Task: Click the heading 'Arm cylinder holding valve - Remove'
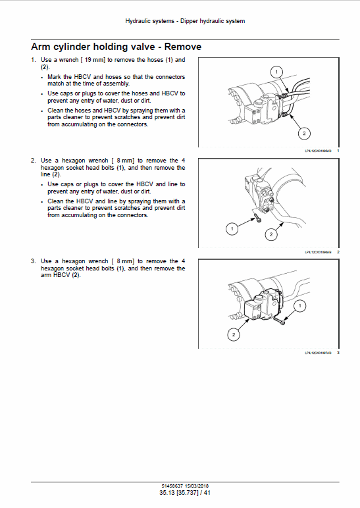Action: (116, 47)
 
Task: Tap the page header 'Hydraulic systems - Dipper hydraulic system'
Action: (185, 21)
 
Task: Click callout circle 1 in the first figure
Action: (276, 71)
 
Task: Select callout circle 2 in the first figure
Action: (303, 134)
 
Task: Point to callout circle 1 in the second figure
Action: (232, 229)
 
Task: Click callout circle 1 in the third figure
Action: (299, 306)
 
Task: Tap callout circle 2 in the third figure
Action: (232, 335)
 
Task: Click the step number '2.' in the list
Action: (34, 161)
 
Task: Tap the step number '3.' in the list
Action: (34, 261)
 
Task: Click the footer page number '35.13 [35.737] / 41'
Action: (184, 493)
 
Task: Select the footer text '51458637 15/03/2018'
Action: (184, 486)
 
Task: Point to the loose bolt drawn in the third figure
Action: (282, 320)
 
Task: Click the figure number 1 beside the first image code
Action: (338, 151)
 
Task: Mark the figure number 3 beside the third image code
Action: (338, 353)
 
